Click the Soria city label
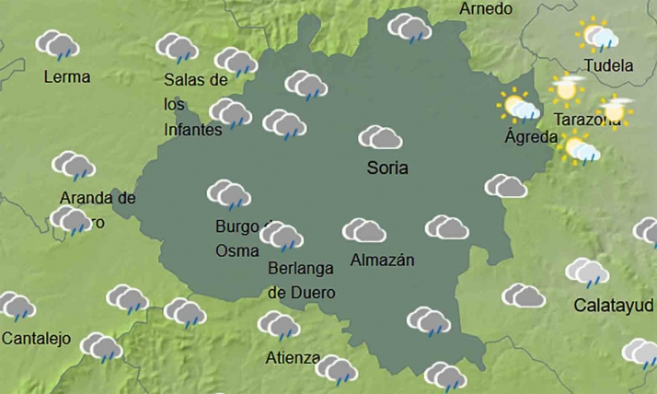tap(386, 168)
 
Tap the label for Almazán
tap(382, 261)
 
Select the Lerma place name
tap(67, 76)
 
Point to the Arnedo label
tap(485, 8)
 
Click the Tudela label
tap(608, 65)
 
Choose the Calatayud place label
tap(613, 305)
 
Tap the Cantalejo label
tap(36, 339)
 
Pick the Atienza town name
tap(293, 358)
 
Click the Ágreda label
tap(531, 137)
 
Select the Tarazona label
tap(587, 120)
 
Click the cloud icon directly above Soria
tap(380, 138)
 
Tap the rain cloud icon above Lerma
tap(57, 44)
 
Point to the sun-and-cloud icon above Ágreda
tap(519, 106)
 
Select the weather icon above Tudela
tap(598, 36)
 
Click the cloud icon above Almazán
tap(363, 230)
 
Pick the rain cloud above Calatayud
tap(587, 272)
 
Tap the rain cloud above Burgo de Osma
tap(228, 194)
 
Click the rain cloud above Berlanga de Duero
tap(282, 237)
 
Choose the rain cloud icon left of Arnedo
tap(409, 29)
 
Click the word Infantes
tap(193, 130)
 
